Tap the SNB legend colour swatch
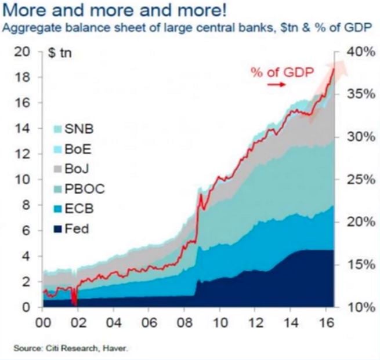(x=58, y=129)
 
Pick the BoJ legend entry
(x=79, y=169)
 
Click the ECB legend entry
(x=79, y=209)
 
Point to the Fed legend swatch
(x=58, y=229)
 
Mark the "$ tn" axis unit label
(x=60, y=53)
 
